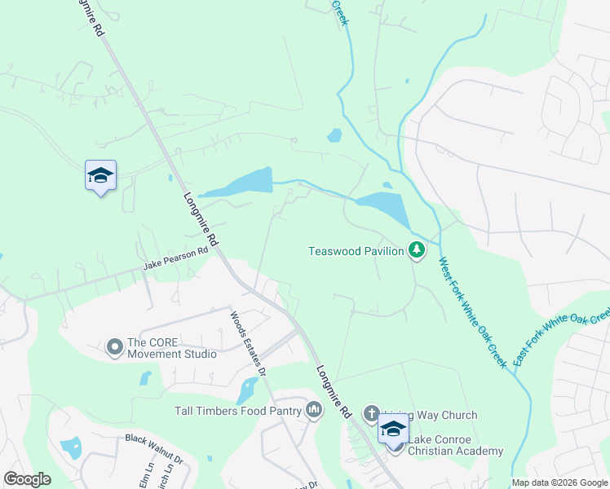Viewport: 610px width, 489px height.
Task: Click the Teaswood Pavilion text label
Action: tap(356, 251)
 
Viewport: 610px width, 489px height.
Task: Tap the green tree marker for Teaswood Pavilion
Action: tap(417, 249)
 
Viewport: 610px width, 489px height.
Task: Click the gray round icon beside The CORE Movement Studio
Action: tap(115, 348)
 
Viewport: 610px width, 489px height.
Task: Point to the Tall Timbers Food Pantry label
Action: tap(238, 411)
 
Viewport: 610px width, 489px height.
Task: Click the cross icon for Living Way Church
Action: tap(371, 414)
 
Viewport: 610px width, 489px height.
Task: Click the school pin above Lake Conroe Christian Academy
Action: tap(394, 430)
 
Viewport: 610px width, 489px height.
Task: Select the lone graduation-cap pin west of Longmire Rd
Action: tap(100, 175)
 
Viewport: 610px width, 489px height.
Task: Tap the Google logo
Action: tap(27, 478)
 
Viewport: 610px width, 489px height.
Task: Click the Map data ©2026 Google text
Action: tap(559, 482)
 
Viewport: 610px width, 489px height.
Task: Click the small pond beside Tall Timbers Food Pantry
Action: tap(246, 390)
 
